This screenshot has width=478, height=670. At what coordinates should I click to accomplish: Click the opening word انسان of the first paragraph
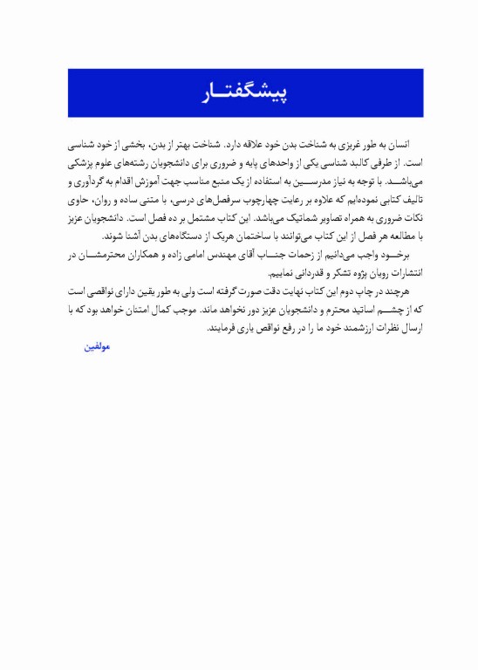click(x=396, y=144)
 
